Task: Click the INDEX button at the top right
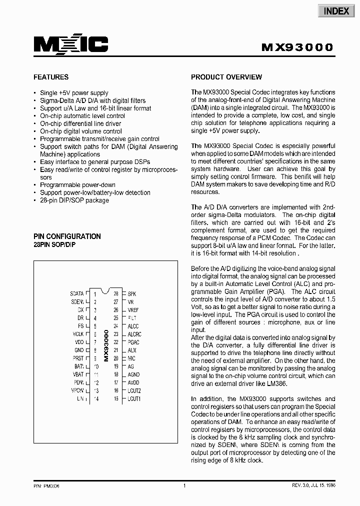coord(336,11)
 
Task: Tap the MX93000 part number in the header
coord(297,47)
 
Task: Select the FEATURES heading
coord(51,77)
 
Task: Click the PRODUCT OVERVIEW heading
coord(226,77)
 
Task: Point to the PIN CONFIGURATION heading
coord(67,236)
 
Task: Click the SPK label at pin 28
coord(132,294)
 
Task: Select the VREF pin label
coord(133,310)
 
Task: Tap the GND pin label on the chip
coord(79,350)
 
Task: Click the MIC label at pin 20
coord(131,358)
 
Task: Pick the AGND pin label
coord(133,374)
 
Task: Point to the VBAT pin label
coord(78,374)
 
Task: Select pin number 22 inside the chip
coord(116,342)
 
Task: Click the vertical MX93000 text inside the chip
coord(105,345)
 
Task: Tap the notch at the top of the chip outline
coord(105,290)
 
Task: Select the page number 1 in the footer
coord(184,485)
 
